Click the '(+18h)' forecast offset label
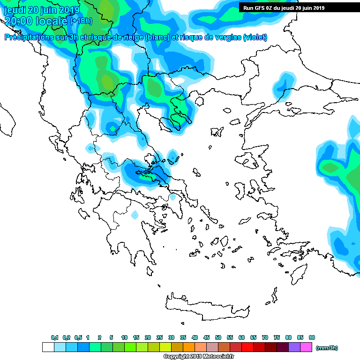(x=81, y=21)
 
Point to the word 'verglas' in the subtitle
(x=224, y=37)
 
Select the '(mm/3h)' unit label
(x=327, y=348)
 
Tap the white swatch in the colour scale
(x=48, y=347)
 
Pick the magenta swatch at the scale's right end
(x=306, y=347)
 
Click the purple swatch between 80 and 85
(x=294, y=347)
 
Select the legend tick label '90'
(x=312, y=337)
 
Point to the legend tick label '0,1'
(x=54, y=337)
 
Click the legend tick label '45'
(x=206, y=337)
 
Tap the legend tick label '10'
(x=124, y=337)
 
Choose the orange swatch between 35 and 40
(x=189, y=347)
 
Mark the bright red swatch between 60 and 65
(x=247, y=347)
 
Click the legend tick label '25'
(x=159, y=337)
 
